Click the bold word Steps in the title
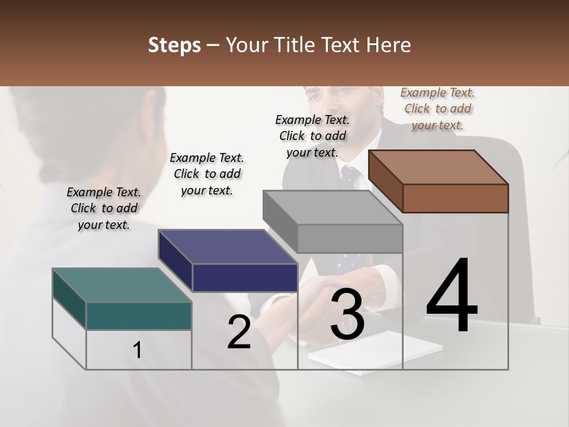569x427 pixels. coord(174,45)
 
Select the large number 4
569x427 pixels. coord(452,296)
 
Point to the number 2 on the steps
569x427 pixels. coord(239,333)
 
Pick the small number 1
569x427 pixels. coord(138,350)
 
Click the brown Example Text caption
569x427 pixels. coord(438,109)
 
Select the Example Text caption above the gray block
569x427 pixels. coord(313,136)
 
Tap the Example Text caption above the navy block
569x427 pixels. coord(207,174)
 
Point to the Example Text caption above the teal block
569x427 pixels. coord(104,208)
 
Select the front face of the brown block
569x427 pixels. coord(455,198)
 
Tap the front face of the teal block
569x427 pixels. coord(139,316)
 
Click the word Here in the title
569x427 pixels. coord(389,45)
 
